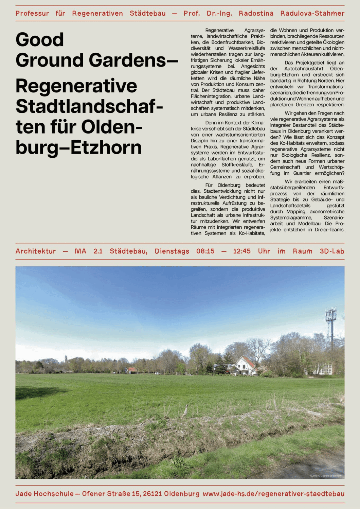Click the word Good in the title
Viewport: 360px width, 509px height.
pos(40,40)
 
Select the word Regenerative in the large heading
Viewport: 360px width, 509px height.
pos(76,86)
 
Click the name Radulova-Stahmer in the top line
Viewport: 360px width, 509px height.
pos(312,14)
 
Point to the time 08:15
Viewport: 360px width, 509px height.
pos(205,251)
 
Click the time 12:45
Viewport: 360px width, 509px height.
pos(242,251)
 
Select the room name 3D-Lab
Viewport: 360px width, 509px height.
pos(332,251)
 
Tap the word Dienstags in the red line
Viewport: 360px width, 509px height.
pos(172,251)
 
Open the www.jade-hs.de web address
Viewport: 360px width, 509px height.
pos(273,494)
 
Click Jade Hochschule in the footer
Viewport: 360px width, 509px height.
pos(44,494)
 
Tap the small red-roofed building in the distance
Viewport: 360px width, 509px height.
pos(131,370)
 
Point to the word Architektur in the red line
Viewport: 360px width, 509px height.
pos(36,251)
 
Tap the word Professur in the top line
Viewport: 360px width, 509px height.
pos(32,14)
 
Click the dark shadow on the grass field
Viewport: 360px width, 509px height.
pos(37,392)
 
